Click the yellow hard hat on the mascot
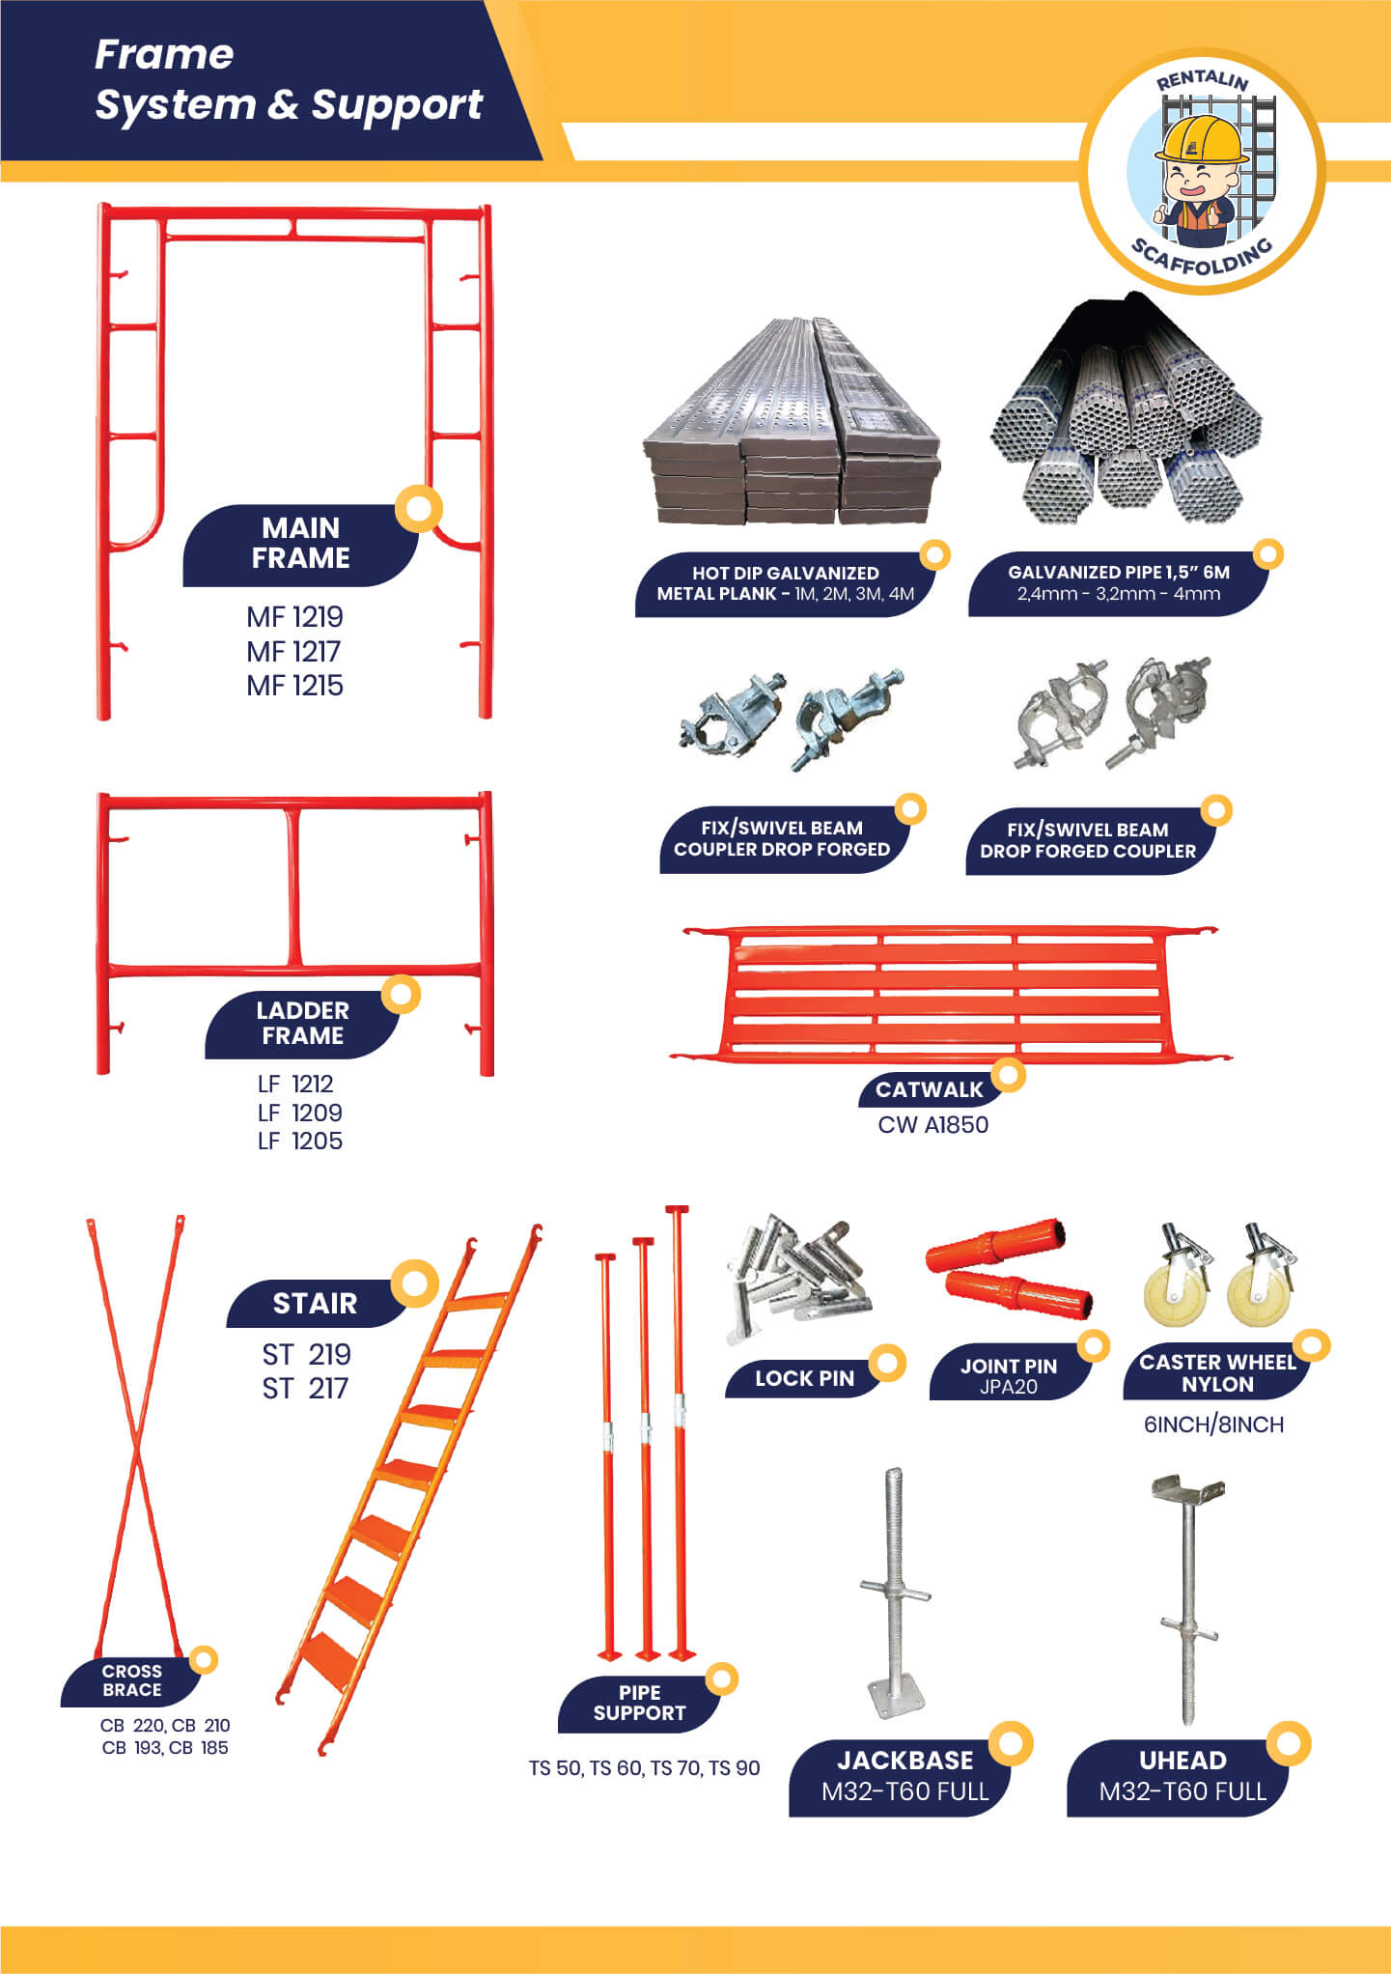pyautogui.click(x=1202, y=140)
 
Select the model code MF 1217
pyautogui.click(x=293, y=652)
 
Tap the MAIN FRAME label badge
pyautogui.click(x=301, y=544)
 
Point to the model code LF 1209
pyautogui.click(x=299, y=1113)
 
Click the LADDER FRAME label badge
pyautogui.click(x=302, y=1024)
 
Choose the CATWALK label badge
pyautogui.click(x=929, y=1089)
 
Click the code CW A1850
pyautogui.click(x=932, y=1125)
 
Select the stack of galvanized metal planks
pyautogui.click(x=792, y=422)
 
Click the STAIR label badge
pyautogui.click(x=316, y=1303)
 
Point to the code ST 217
pyautogui.click(x=305, y=1389)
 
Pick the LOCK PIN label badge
pyautogui.click(x=804, y=1378)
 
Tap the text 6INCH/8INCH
pyautogui.click(x=1213, y=1424)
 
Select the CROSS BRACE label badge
pyautogui.click(x=132, y=1680)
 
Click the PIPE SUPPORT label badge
pyautogui.click(x=639, y=1705)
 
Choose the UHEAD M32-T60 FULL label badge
pyautogui.click(x=1182, y=1777)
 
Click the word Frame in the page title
pyautogui.click(x=164, y=55)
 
